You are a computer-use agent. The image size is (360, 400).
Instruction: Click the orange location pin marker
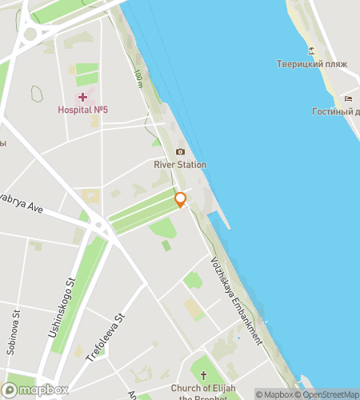181,199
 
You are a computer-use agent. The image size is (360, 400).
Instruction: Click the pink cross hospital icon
82,97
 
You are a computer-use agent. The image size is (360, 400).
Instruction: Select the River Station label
180,165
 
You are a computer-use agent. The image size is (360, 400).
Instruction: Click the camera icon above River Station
180,152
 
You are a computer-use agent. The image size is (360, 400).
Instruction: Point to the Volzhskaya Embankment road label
237,300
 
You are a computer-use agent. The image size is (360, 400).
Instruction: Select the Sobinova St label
14,323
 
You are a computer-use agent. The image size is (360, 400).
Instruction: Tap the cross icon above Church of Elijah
203,375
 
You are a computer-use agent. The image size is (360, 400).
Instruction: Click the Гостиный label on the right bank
335,111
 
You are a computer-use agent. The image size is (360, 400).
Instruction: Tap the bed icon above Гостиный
348,98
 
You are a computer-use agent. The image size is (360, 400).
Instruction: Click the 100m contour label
138,78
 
